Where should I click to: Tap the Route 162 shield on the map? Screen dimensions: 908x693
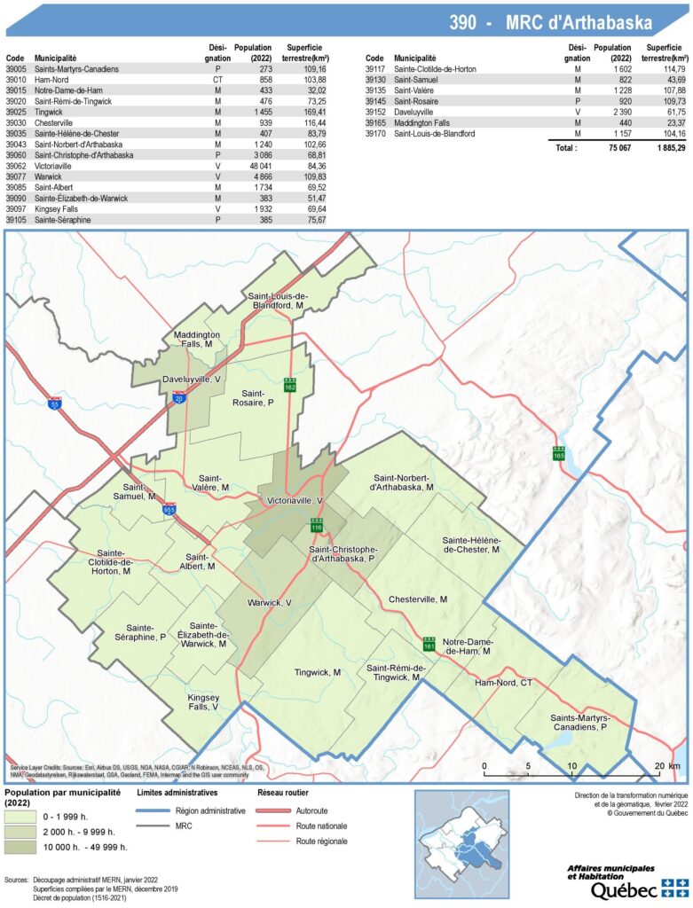tap(289, 386)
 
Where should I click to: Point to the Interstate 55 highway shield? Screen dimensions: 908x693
tap(55, 403)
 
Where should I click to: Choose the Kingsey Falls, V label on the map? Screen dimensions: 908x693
tap(203, 701)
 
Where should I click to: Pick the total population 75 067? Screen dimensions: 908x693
tap(606, 148)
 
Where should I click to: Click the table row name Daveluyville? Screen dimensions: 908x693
tap(420, 113)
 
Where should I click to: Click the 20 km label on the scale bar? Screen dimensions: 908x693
tap(661, 765)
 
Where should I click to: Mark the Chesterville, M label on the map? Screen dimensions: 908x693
tap(417, 599)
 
